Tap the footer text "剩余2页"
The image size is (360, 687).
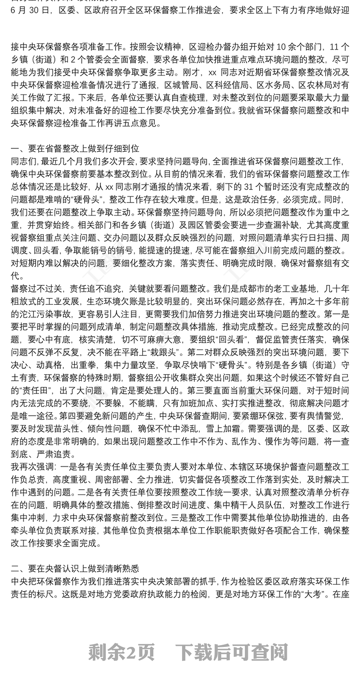pyautogui.click(x=121, y=652)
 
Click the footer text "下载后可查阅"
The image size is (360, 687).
pyautogui.click(x=231, y=652)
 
